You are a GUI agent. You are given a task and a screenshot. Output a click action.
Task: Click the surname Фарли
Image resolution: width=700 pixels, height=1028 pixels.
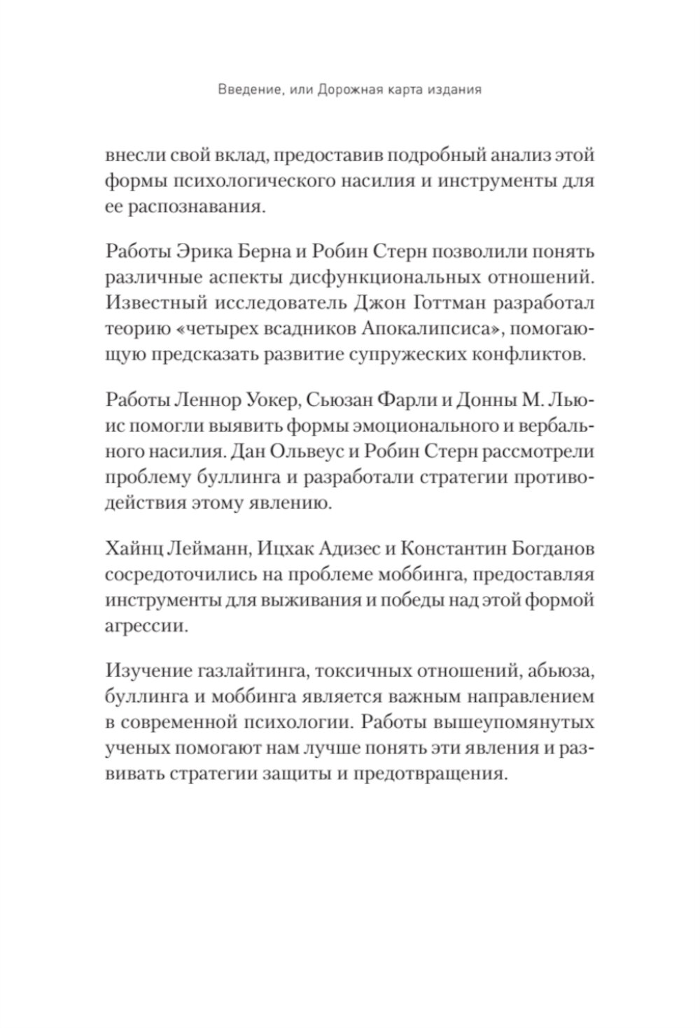(x=413, y=399)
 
